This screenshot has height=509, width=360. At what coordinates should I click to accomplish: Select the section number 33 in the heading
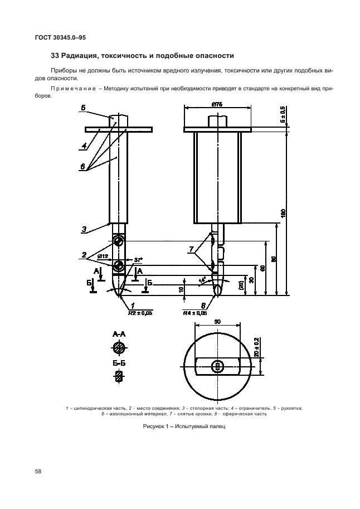55,56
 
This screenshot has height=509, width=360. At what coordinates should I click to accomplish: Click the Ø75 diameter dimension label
217,104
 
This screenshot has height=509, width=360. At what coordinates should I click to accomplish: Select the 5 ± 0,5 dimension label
283,114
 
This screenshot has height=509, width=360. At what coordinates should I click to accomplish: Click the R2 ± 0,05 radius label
140,313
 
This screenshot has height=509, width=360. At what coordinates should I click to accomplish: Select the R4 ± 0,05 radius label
196,313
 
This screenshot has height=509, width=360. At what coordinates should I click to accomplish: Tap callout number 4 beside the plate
84,148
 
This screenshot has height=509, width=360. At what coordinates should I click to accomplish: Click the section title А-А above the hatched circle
119,334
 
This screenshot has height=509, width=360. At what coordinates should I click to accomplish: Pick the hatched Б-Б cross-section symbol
118,377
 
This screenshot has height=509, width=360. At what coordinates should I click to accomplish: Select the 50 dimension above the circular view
217,322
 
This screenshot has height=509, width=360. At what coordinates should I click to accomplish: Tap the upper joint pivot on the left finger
118,241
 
